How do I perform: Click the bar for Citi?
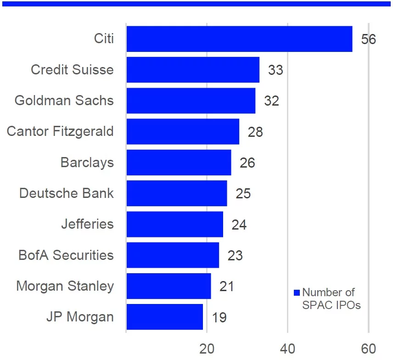239,39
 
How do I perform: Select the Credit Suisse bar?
193,70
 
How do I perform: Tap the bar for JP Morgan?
164,317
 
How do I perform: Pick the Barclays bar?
179,163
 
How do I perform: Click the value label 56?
368,39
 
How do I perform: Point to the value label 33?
275,70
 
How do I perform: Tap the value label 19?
219,317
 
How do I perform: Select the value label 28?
255,132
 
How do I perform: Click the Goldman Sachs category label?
64,101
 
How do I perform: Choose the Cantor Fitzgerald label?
60,131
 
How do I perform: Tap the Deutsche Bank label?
67,193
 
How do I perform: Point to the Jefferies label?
87,224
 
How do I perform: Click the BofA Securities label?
66,255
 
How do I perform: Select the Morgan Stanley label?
65,286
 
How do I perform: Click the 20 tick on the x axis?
207,349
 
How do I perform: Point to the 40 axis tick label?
287,349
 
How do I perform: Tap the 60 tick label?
368,349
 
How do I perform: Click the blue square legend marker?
297,292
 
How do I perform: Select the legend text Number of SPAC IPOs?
331,298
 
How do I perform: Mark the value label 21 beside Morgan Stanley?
227,287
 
